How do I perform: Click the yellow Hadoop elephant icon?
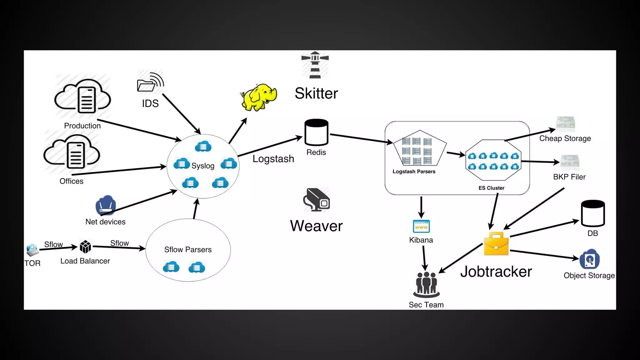tap(259, 97)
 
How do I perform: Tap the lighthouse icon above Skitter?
tap(315, 65)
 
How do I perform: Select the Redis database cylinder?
tap(316, 132)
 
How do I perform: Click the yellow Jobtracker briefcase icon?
tap(496, 243)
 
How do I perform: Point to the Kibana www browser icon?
tap(421, 226)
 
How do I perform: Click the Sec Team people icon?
tap(426, 284)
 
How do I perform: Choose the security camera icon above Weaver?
tap(316, 200)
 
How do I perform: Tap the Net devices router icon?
tap(106, 205)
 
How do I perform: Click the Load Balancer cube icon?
tap(85, 247)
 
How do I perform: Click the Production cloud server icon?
tap(82, 96)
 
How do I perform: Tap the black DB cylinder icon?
tap(593, 213)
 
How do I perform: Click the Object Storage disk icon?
tap(589, 259)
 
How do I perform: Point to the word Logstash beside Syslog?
tap(273, 159)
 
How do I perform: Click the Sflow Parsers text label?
tap(188, 249)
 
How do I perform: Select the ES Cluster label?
tap(491, 188)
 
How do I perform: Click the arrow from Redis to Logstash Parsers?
tap(361, 139)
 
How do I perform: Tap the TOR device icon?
tap(32, 250)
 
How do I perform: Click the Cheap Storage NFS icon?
tap(565, 124)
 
